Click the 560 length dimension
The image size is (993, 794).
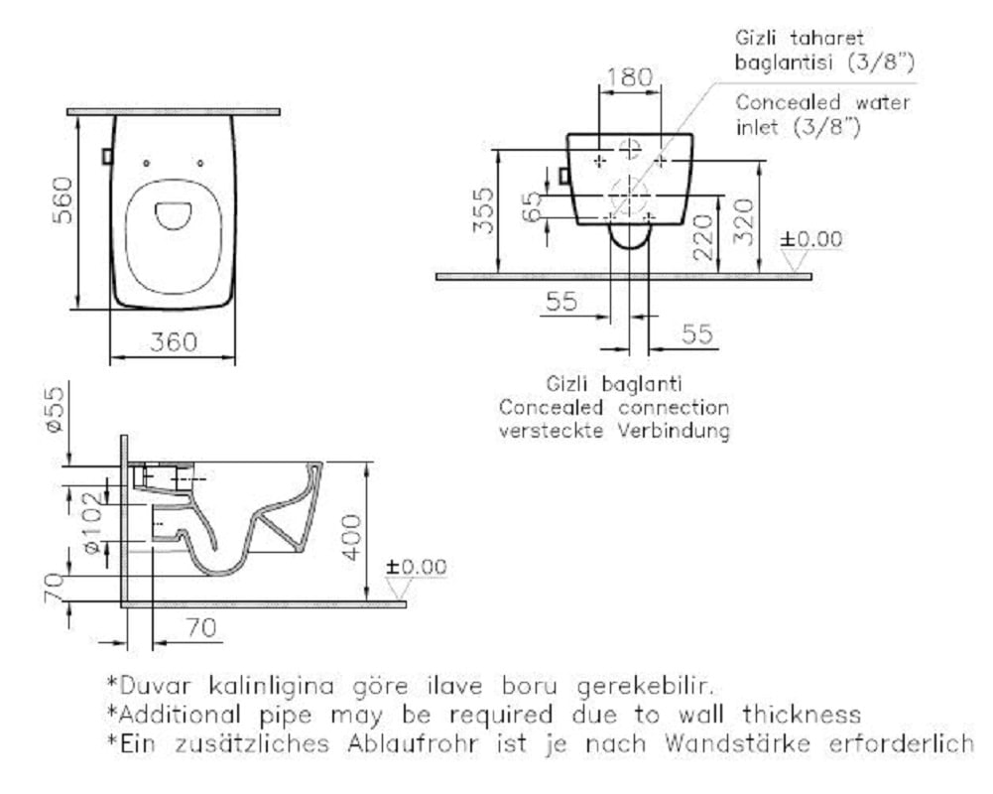click(x=62, y=200)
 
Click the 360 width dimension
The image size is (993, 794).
click(x=174, y=342)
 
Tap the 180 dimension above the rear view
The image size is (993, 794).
click(x=630, y=77)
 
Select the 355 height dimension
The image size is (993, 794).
click(x=483, y=210)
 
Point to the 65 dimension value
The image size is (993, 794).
click(x=533, y=206)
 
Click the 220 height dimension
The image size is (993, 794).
click(x=703, y=237)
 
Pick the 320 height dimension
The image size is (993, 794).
click(x=744, y=221)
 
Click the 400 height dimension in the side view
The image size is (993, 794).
click(x=351, y=538)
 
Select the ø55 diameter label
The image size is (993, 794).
click(x=55, y=409)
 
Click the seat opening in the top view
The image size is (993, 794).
click(x=173, y=215)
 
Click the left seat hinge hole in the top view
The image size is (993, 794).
click(x=146, y=164)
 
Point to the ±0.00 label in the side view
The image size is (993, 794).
click(x=416, y=566)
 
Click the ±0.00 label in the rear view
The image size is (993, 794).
click(x=811, y=239)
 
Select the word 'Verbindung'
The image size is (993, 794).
click(x=674, y=431)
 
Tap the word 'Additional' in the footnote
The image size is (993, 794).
click(x=180, y=715)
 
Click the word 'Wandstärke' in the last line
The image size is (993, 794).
click(x=737, y=742)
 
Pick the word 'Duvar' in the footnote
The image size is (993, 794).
click(x=155, y=686)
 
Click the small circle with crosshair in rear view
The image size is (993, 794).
click(x=630, y=149)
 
